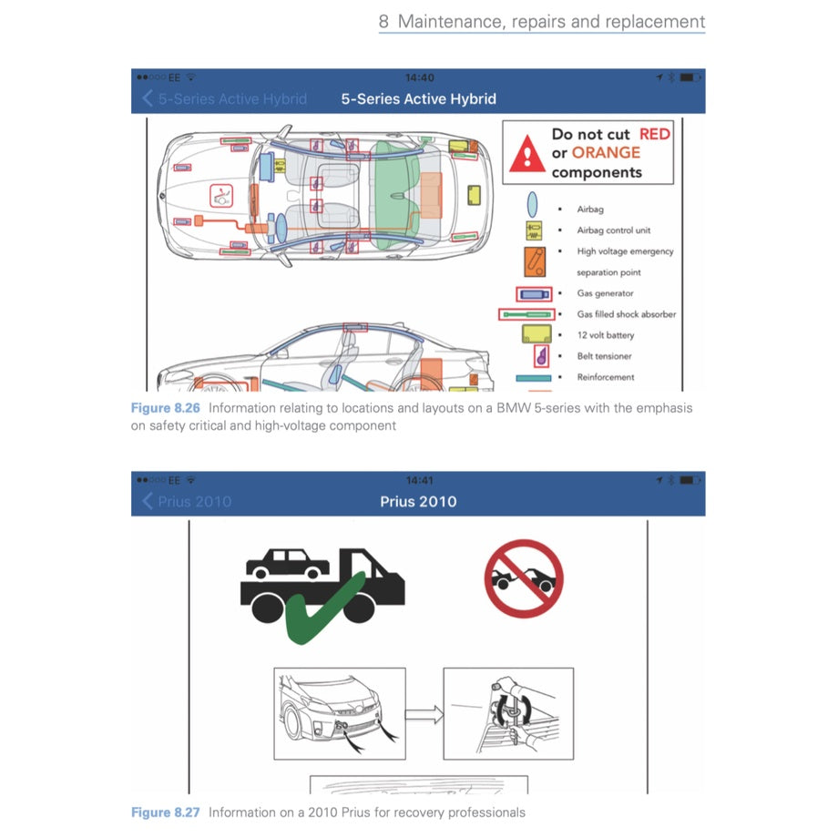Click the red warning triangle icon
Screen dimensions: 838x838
(527, 154)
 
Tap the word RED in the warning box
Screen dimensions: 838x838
(654, 134)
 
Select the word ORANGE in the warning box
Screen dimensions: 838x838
(606, 153)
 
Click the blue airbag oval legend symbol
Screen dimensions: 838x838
(532, 209)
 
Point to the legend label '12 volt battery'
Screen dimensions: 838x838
(605, 335)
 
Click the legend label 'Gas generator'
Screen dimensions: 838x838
(605, 293)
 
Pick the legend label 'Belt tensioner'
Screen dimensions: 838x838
(604, 356)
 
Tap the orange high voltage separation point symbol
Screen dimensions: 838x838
(536, 261)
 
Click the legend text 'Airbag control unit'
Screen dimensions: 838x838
(613, 230)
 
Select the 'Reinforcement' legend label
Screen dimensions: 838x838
(605, 377)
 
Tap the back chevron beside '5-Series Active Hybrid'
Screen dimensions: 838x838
(148, 98)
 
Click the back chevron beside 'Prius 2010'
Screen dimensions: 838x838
(148, 501)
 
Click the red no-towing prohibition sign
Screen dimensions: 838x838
(524, 579)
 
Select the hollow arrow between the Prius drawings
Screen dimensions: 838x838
(423, 713)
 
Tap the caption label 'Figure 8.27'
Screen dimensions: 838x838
(165, 812)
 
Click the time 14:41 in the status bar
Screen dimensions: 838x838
(419, 480)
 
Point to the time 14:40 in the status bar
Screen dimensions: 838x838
(419, 77)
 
